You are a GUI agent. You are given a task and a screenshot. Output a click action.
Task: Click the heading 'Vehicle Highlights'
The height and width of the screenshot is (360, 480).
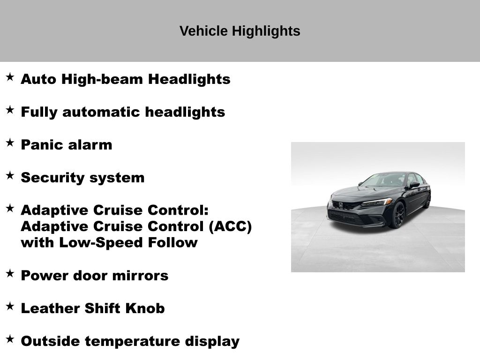240,31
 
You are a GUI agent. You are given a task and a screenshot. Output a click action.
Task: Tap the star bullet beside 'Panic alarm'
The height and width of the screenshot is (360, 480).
10,142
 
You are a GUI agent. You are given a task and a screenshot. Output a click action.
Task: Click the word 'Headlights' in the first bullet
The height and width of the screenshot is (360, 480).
189,79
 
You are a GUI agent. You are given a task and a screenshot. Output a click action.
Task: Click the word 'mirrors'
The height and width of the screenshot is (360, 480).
141,276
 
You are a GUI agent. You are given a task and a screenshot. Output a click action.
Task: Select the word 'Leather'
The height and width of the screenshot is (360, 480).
50,308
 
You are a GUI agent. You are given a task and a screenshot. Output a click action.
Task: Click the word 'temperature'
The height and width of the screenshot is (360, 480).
132,341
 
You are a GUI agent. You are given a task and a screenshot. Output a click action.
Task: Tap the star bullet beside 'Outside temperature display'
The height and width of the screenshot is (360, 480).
10,339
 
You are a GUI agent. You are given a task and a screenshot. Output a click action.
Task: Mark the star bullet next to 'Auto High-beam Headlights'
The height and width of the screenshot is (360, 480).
10,77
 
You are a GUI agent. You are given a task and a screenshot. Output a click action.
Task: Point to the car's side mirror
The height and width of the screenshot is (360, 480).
414,184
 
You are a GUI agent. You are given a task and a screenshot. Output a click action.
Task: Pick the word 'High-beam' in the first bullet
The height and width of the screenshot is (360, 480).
102,79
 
